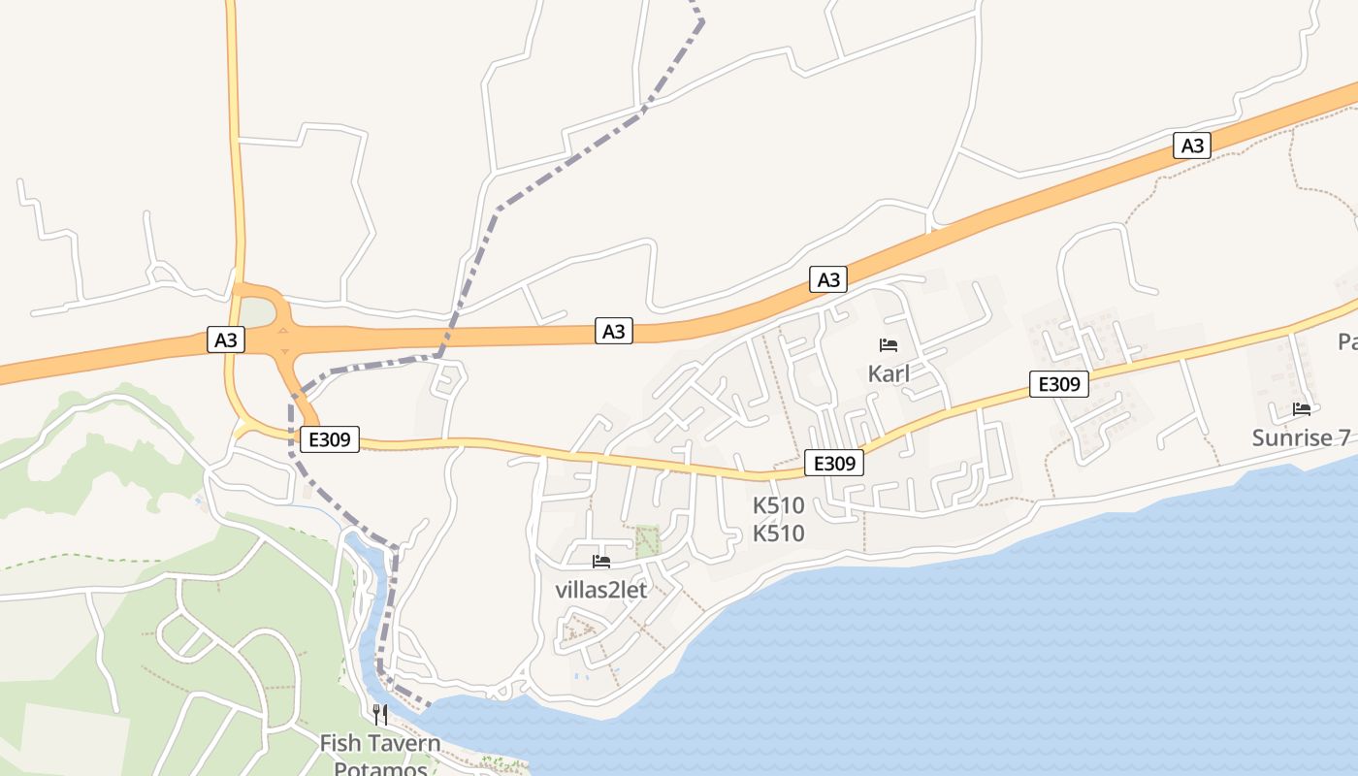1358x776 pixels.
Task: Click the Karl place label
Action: pos(889,373)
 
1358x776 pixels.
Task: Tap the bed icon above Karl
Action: pos(889,344)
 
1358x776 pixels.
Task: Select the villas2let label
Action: pos(600,590)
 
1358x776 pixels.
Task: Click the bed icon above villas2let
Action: pos(601,561)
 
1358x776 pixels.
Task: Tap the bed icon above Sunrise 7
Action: pos(1302,409)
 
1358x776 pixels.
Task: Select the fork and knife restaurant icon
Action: pos(380,715)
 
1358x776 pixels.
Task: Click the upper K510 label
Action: pos(779,505)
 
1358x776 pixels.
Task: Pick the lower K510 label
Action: pos(779,533)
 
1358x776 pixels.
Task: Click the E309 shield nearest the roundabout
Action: pos(330,439)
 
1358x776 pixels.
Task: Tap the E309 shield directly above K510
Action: pos(834,464)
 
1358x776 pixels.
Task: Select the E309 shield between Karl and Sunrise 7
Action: pos(1059,384)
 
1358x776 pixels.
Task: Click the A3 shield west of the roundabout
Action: pos(225,339)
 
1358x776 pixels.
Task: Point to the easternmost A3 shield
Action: pos(1193,145)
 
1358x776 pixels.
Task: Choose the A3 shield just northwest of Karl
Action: pos(828,280)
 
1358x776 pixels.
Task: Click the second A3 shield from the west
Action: pos(614,331)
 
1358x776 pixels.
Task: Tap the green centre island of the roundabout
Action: pos(257,313)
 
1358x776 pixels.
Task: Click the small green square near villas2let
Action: pos(647,540)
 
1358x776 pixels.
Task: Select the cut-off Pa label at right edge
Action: pos(1347,341)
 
